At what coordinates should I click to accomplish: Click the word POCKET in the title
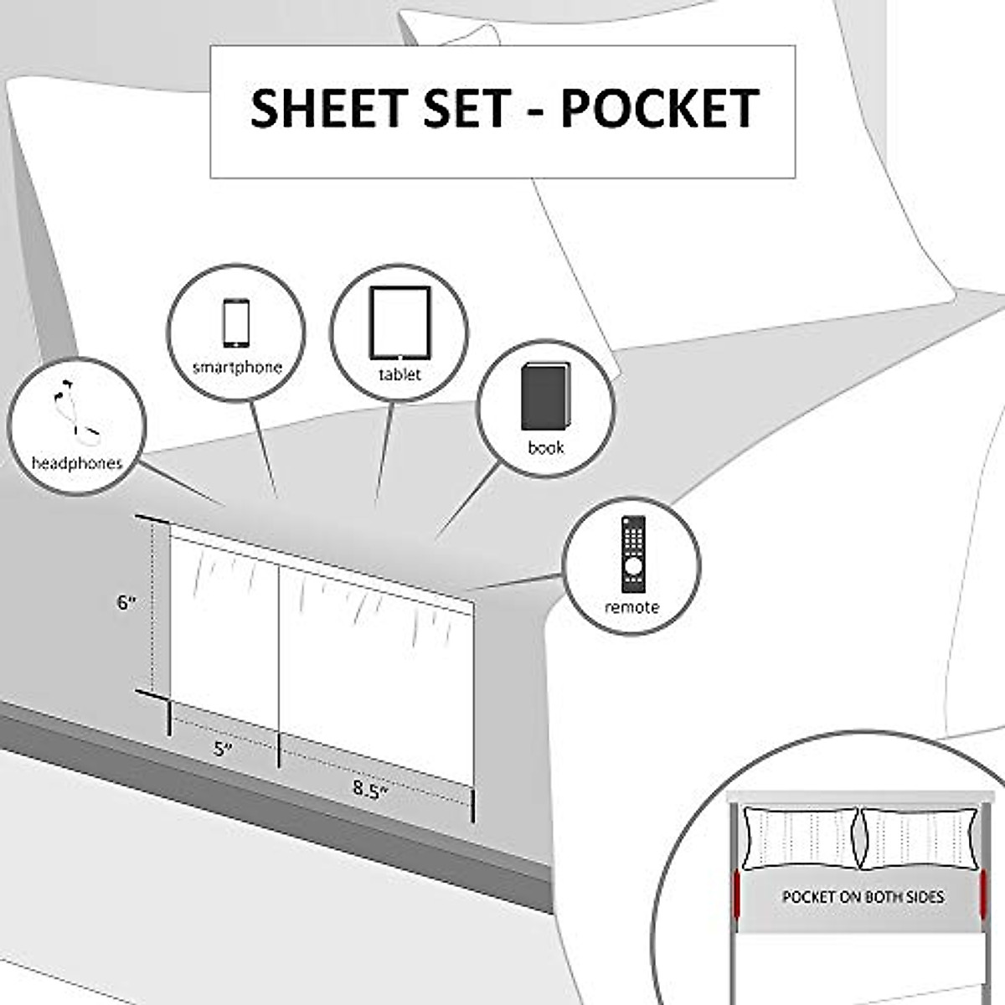tap(660, 109)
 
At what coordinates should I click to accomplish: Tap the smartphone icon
tap(236, 322)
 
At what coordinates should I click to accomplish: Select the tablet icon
tap(399, 322)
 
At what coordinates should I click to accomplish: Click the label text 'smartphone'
tap(237, 367)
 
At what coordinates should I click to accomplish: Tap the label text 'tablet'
tap(399, 374)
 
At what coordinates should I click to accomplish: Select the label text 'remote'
tap(631, 607)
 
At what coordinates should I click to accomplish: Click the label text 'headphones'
tap(77, 463)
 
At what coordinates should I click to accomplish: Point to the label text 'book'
tap(545, 448)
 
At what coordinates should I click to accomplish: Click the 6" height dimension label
tap(126, 602)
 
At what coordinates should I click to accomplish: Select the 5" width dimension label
tap(223, 748)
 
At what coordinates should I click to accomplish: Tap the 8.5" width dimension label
tap(369, 789)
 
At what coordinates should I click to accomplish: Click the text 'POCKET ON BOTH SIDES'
tap(863, 897)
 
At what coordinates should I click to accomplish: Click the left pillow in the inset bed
tap(800, 838)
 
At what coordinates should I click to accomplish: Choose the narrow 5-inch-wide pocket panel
tap(224, 636)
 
